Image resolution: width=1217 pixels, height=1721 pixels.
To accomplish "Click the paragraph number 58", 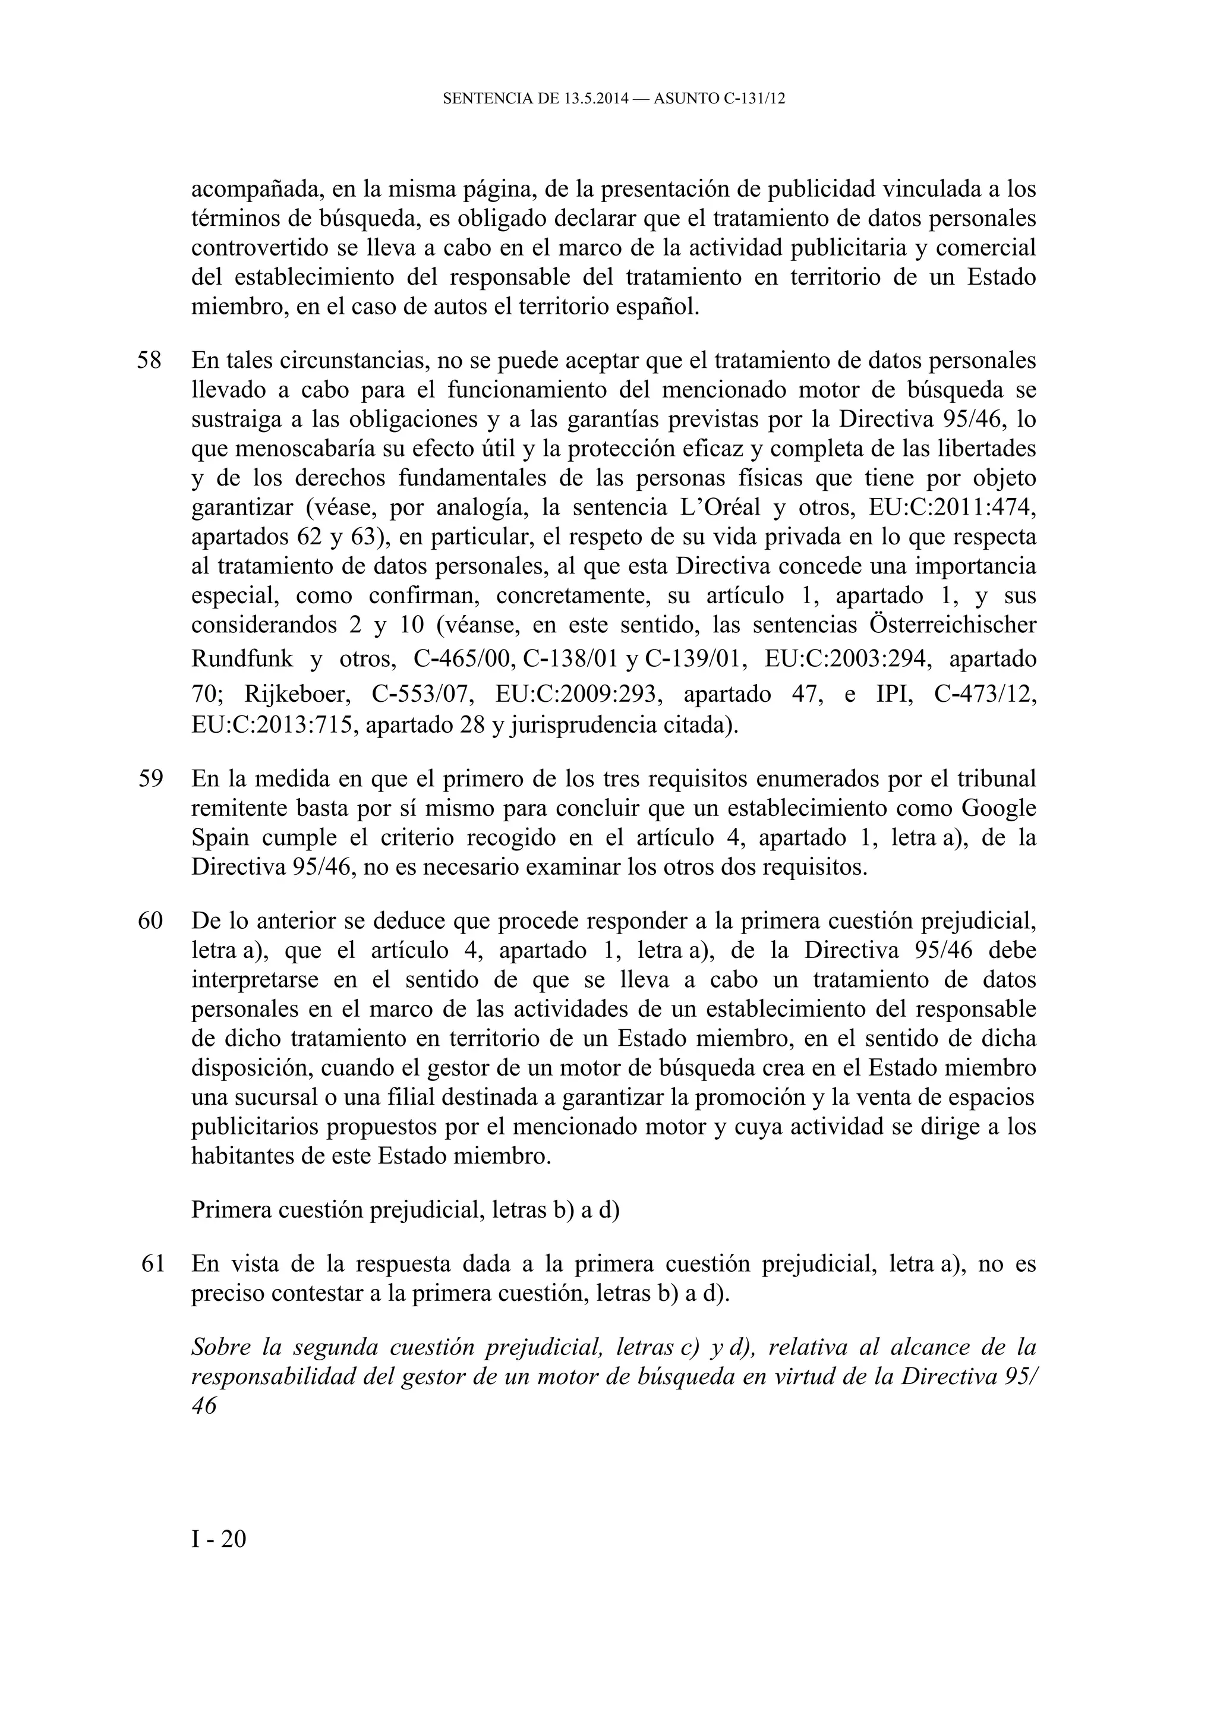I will tap(149, 361).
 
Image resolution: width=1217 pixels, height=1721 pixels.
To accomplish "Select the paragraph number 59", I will tap(150, 779).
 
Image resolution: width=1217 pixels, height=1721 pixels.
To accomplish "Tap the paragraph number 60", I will tap(150, 921).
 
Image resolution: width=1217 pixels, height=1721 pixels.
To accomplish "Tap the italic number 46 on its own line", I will tap(204, 1406).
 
